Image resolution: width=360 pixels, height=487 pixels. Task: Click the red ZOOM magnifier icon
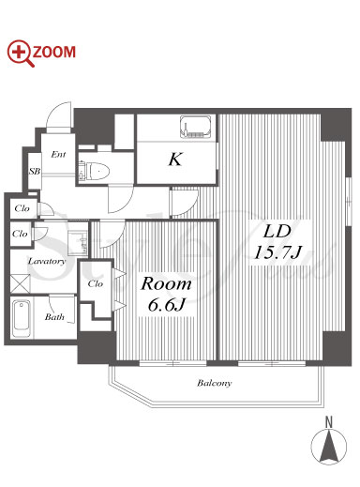pos(21,53)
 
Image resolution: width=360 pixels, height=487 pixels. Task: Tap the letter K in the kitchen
pos(175,160)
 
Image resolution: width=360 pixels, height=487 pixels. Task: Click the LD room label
pos(277,232)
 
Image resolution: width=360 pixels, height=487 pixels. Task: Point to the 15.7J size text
pos(277,252)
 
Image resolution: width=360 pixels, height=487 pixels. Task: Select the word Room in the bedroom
pos(166,283)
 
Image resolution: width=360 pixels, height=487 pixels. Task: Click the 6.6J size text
pos(167,304)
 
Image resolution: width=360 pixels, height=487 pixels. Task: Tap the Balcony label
pos(215,383)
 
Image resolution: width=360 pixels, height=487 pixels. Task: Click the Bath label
pos(54,317)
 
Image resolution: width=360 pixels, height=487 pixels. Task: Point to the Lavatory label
pos(47,261)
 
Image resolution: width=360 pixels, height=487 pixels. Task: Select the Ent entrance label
pos(58,154)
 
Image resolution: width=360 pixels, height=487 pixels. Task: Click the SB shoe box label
pos(35,171)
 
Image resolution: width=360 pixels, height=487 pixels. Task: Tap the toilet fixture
pos(95,171)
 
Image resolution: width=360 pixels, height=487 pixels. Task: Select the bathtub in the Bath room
pos(21,318)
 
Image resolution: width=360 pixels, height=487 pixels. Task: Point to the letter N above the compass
pos(329,422)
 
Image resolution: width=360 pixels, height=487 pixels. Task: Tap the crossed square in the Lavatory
pos(20,283)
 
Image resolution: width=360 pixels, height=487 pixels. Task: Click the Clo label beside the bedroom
pos(96,283)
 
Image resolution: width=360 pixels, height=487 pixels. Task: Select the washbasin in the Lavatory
pos(77,243)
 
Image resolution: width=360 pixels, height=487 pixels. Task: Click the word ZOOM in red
pos(54,52)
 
